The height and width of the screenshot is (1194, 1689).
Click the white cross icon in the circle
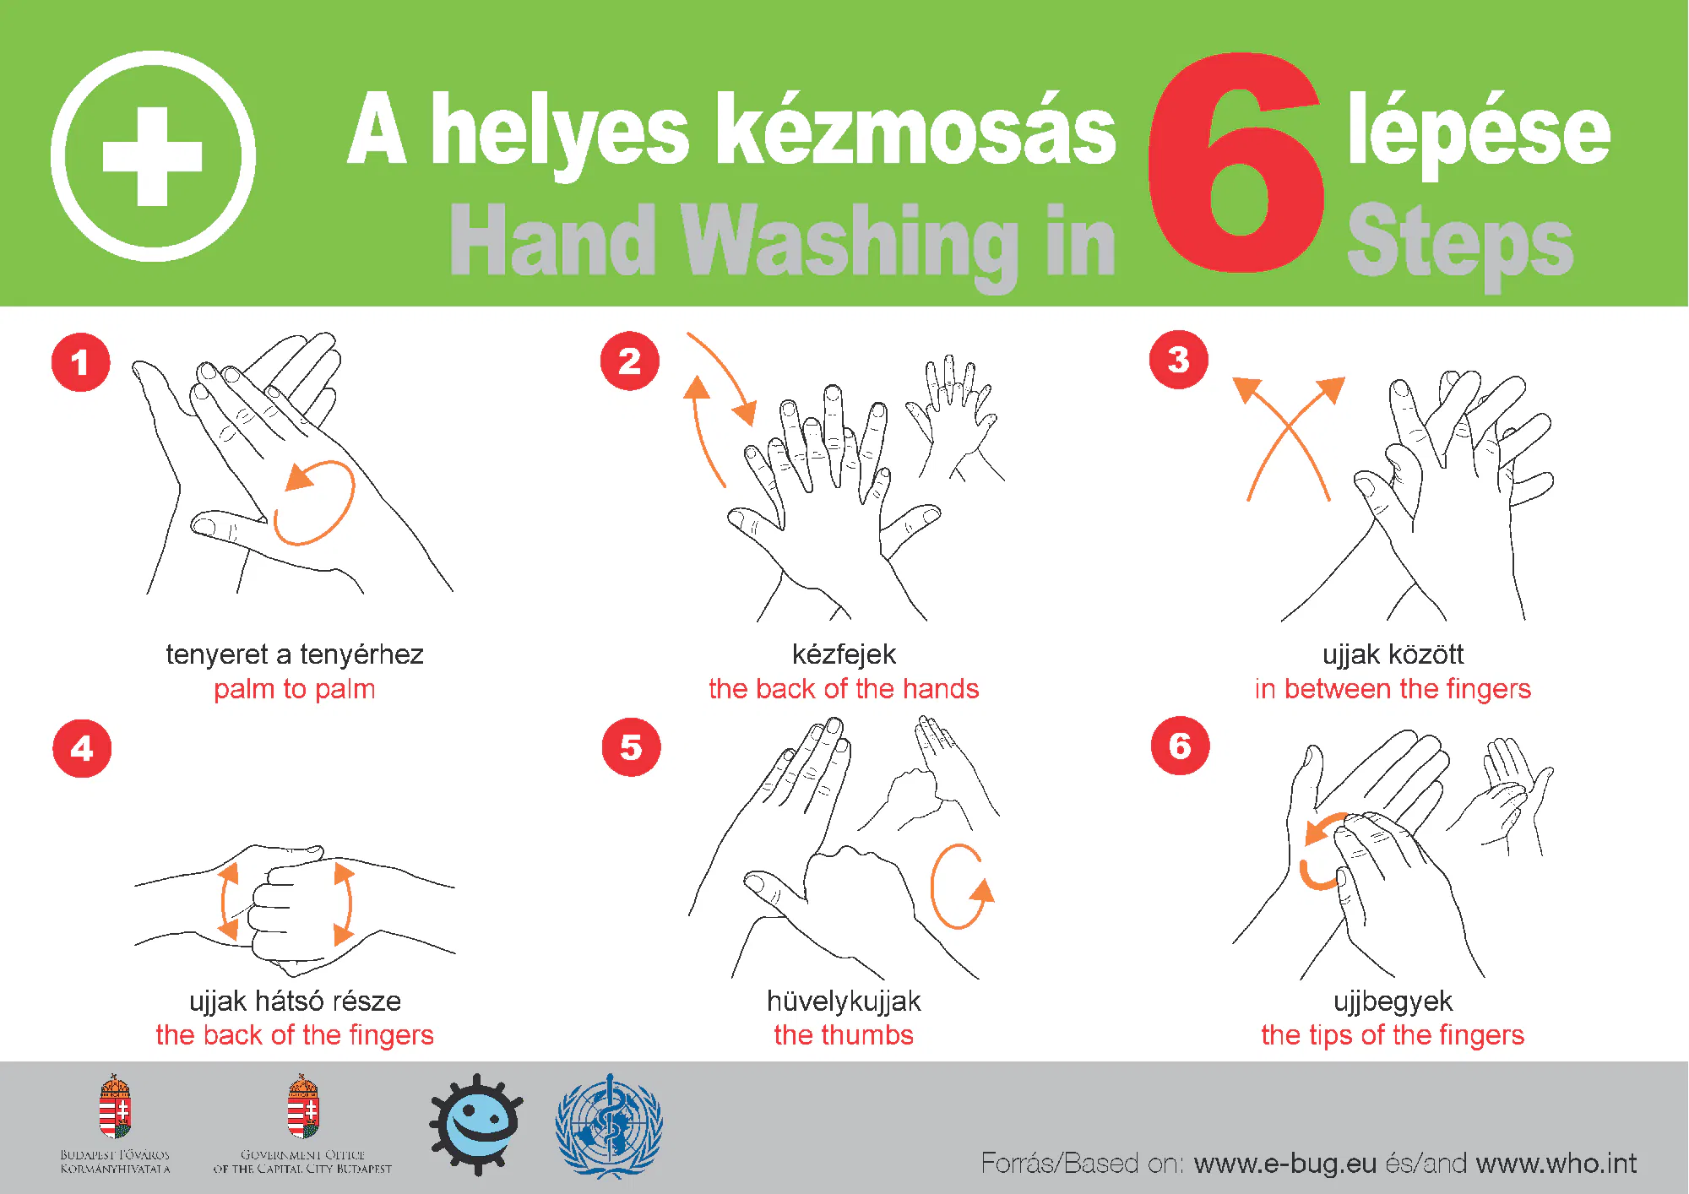click(x=153, y=156)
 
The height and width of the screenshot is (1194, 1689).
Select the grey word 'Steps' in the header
click(x=1459, y=242)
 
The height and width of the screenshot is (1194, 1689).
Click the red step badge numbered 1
click(x=81, y=362)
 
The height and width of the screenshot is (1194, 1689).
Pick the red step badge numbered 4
click(x=82, y=748)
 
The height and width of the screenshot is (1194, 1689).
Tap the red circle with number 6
click(x=1180, y=746)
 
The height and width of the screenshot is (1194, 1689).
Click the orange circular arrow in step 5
click(x=960, y=887)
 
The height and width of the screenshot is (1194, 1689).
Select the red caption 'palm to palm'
click(x=294, y=689)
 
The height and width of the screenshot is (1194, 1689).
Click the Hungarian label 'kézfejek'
click(x=844, y=654)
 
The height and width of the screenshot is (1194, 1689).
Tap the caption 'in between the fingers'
click(x=1393, y=689)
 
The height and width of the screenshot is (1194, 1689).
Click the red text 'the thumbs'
click(x=844, y=1035)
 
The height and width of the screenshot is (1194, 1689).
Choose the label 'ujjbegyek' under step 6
click(x=1393, y=1001)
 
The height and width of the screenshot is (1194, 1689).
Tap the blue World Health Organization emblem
click(x=609, y=1126)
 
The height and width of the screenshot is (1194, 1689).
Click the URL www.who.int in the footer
click(x=1556, y=1164)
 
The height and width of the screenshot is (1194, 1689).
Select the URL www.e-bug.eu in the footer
click(x=1285, y=1164)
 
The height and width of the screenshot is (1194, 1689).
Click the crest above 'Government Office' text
click(x=302, y=1106)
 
